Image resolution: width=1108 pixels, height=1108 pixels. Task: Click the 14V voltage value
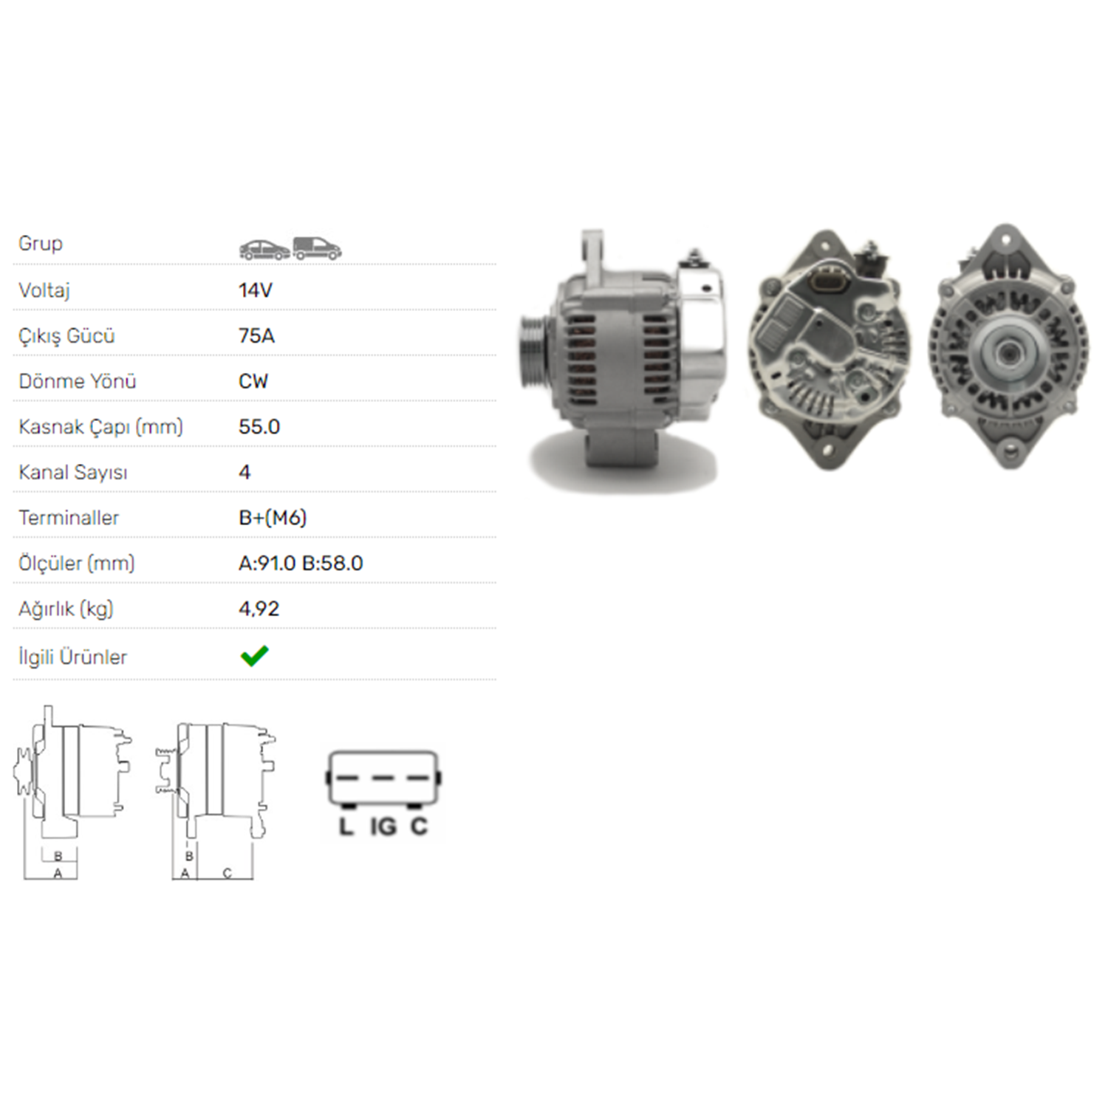[256, 290]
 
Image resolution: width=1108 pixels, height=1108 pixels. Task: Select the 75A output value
[256, 336]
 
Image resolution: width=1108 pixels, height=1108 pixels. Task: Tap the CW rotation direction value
[253, 381]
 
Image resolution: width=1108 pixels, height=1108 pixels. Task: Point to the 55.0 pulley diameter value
[259, 427]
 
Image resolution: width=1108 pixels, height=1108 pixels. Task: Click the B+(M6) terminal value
[273, 518]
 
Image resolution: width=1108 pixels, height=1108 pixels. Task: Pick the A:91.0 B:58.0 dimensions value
[301, 564]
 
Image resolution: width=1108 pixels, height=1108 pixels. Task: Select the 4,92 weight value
[259, 609]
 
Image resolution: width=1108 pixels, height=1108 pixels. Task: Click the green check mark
[255, 656]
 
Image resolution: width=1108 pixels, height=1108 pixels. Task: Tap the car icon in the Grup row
[264, 250]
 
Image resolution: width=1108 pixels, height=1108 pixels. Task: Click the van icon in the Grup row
[317, 248]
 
